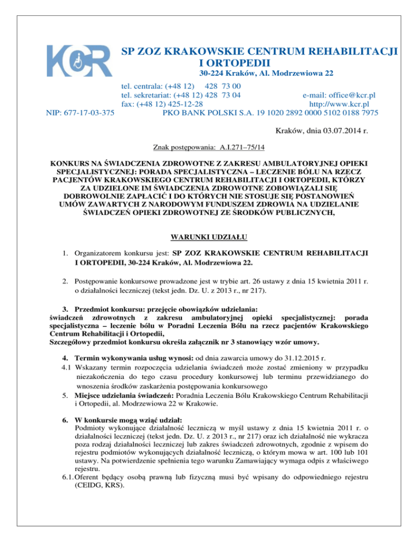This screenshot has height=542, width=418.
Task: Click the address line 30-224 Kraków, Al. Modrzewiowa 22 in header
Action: [x=266, y=73]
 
